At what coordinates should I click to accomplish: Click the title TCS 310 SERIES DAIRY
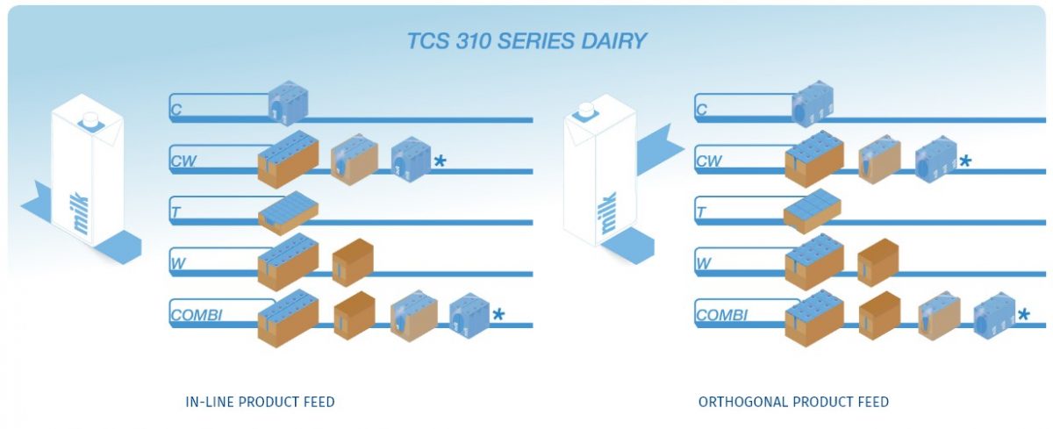[x=527, y=41]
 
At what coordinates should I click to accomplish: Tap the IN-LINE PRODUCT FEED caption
[x=261, y=402]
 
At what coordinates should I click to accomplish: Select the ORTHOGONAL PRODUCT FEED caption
[x=793, y=402]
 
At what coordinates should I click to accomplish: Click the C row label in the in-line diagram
[x=176, y=111]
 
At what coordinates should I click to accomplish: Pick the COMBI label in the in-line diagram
[x=197, y=315]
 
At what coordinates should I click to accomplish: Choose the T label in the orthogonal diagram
[x=701, y=212]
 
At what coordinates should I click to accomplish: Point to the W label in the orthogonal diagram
[x=704, y=263]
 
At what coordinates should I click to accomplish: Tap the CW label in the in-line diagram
[x=183, y=161]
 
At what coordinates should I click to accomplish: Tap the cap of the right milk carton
[x=584, y=110]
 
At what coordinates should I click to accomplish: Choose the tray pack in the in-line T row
[x=289, y=212]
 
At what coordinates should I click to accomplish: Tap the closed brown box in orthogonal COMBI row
[x=878, y=315]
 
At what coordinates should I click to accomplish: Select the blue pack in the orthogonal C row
[x=812, y=105]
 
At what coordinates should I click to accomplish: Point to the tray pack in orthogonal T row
[x=812, y=211]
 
